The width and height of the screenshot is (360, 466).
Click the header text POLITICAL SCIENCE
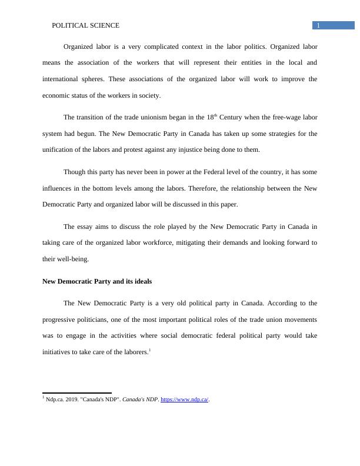point(86,25)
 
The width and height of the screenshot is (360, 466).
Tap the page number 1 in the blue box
point(318,25)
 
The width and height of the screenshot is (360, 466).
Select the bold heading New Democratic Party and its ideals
point(97,281)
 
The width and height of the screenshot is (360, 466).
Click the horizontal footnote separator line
point(77,393)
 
